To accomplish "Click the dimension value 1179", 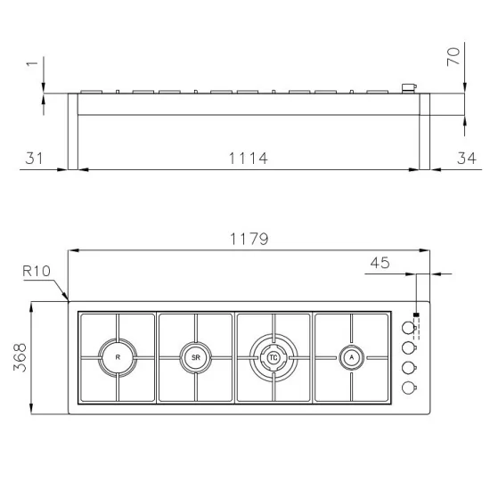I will pyautogui.click(x=249, y=240).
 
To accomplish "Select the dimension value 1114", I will pyautogui.click(x=248, y=158).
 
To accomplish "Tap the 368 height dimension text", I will pyautogui.click(x=20, y=358).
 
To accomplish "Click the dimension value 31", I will pyautogui.click(x=34, y=158).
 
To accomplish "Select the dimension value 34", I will pyautogui.click(x=465, y=158).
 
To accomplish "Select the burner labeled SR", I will pyautogui.click(x=195, y=357).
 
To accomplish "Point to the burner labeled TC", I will pyautogui.click(x=274, y=357).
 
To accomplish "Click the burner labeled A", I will pyautogui.click(x=352, y=357).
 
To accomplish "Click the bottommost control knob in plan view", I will pyautogui.click(x=408, y=387).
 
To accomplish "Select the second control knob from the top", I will pyautogui.click(x=408, y=347).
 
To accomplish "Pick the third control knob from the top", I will pyautogui.click(x=408, y=367).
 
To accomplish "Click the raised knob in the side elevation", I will pyautogui.click(x=409, y=87).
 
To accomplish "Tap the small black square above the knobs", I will pyautogui.click(x=416, y=314).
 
